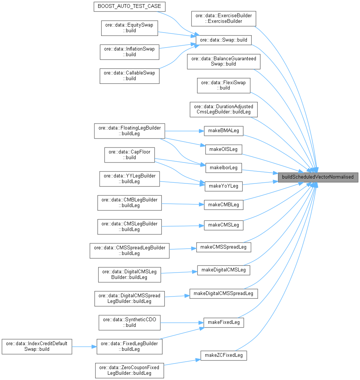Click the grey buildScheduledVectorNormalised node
click(x=318, y=177)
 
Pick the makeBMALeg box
click(x=224, y=131)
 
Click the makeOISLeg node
click(x=224, y=149)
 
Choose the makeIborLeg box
click(x=224, y=167)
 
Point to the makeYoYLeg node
click(x=224, y=186)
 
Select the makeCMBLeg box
click(x=224, y=205)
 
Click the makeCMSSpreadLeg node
click(x=224, y=247)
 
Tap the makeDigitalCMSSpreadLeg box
click(x=224, y=293)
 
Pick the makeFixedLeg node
click(x=224, y=322)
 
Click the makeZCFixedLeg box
click(x=224, y=355)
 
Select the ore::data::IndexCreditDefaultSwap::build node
click(x=37, y=346)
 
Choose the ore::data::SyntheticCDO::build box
click(x=129, y=322)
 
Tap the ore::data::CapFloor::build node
click(x=129, y=155)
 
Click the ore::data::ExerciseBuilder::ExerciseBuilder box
click(x=224, y=18)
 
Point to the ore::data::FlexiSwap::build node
click(x=224, y=85)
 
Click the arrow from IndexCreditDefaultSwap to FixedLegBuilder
click(x=84, y=346)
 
